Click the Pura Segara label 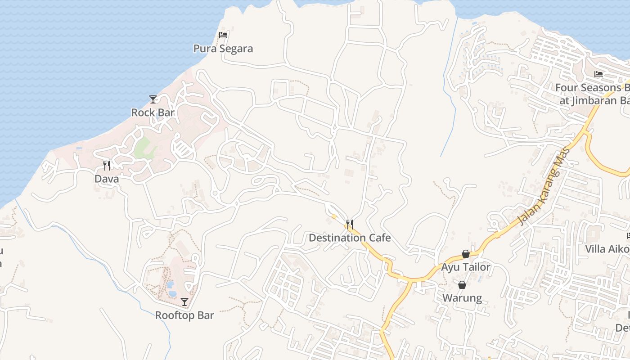[x=223, y=49]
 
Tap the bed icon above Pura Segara [x=223, y=35]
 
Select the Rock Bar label [x=153, y=112]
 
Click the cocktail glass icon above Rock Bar [x=153, y=99]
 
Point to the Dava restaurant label [x=107, y=179]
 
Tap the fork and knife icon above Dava [x=107, y=166]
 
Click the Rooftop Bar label [x=184, y=315]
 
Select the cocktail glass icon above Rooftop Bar [x=184, y=302]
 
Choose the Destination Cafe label [x=350, y=238]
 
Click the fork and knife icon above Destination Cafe [x=350, y=224]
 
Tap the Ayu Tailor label [x=466, y=267]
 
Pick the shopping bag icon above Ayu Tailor [x=466, y=254]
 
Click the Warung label [x=462, y=298]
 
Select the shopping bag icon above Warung [x=462, y=285]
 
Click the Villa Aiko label [x=607, y=249]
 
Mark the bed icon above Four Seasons [x=598, y=74]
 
